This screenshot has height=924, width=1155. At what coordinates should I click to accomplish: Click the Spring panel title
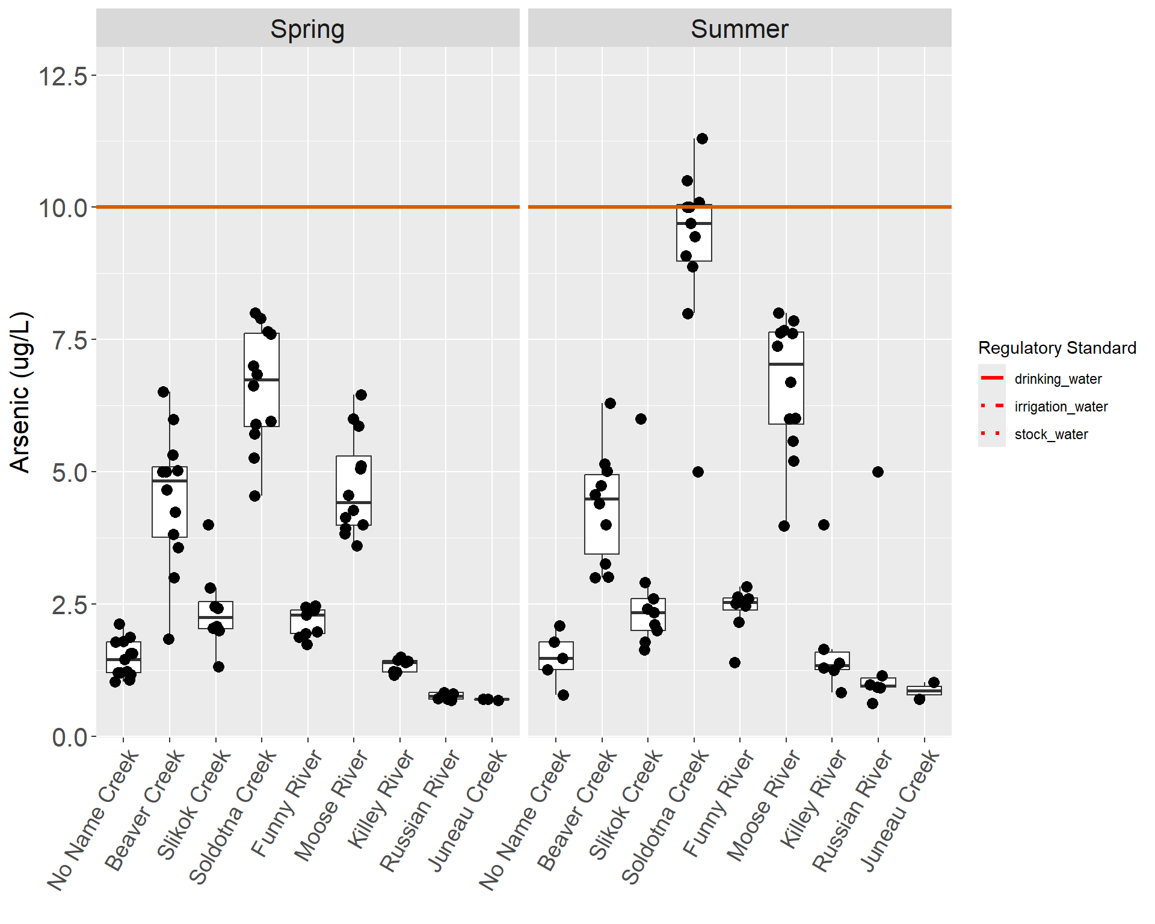pos(307,29)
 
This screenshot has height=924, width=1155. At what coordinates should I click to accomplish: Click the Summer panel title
pos(739,29)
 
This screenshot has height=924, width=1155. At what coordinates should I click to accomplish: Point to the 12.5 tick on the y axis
pos(63,76)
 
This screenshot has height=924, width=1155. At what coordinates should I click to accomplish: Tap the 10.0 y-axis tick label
pos(63,208)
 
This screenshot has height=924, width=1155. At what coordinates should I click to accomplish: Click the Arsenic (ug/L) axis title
pos(20,392)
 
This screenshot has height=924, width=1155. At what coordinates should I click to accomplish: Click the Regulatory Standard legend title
pos(1057,348)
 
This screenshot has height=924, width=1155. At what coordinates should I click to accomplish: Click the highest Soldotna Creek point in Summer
pos(702,139)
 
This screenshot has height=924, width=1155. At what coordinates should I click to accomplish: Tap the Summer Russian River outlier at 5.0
pos(878,472)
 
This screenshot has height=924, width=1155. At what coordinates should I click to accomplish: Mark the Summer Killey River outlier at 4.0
pos(824,525)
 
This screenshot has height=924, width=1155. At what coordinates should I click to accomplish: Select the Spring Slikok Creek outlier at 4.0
pos(208,525)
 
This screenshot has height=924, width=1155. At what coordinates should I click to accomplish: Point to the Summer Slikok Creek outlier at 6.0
pos(641,419)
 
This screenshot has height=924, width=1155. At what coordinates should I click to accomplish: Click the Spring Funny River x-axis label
pos(288,802)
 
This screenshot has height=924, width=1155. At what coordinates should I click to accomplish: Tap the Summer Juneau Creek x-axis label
pos(901,810)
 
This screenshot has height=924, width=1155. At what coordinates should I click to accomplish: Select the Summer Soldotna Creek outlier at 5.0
pos(698,472)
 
